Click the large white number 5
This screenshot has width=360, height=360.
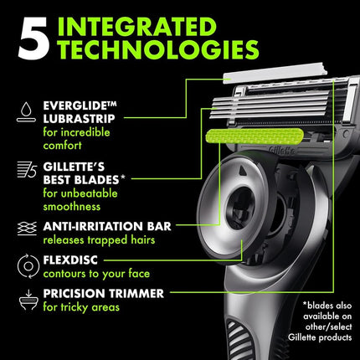click(33, 39)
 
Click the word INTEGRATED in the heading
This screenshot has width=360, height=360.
click(137, 27)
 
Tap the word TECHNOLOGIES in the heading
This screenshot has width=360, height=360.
click(158, 49)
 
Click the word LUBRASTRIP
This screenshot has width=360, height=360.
click(79, 119)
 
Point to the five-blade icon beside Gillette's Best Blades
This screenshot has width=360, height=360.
click(27, 170)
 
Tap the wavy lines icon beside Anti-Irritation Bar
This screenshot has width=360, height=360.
click(27, 229)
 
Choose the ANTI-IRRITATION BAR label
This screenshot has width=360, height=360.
click(107, 226)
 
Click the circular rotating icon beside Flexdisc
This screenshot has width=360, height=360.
click(28, 266)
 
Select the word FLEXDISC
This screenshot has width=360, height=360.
click(70, 260)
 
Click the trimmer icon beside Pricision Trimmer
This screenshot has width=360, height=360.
click(28, 301)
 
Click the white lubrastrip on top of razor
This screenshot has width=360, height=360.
click(275, 73)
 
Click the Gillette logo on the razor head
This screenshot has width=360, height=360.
click(281, 151)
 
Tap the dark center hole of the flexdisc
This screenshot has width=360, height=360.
click(240, 208)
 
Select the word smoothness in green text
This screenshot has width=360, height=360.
click(72, 207)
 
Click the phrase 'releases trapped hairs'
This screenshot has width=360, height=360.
click(99, 240)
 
